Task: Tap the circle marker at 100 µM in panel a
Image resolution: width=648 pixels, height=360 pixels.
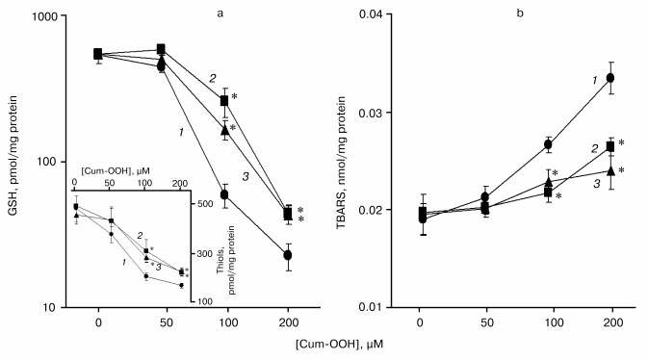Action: pyautogui.click(x=225, y=194)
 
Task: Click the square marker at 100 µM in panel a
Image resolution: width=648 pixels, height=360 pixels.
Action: pyautogui.click(x=225, y=100)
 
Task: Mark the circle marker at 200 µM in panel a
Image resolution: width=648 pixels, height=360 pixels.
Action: pyautogui.click(x=288, y=255)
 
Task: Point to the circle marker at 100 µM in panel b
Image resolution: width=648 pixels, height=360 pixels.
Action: pyautogui.click(x=547, y=144)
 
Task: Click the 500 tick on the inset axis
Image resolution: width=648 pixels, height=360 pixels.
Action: pyautogui.click(x=200, y=204)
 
